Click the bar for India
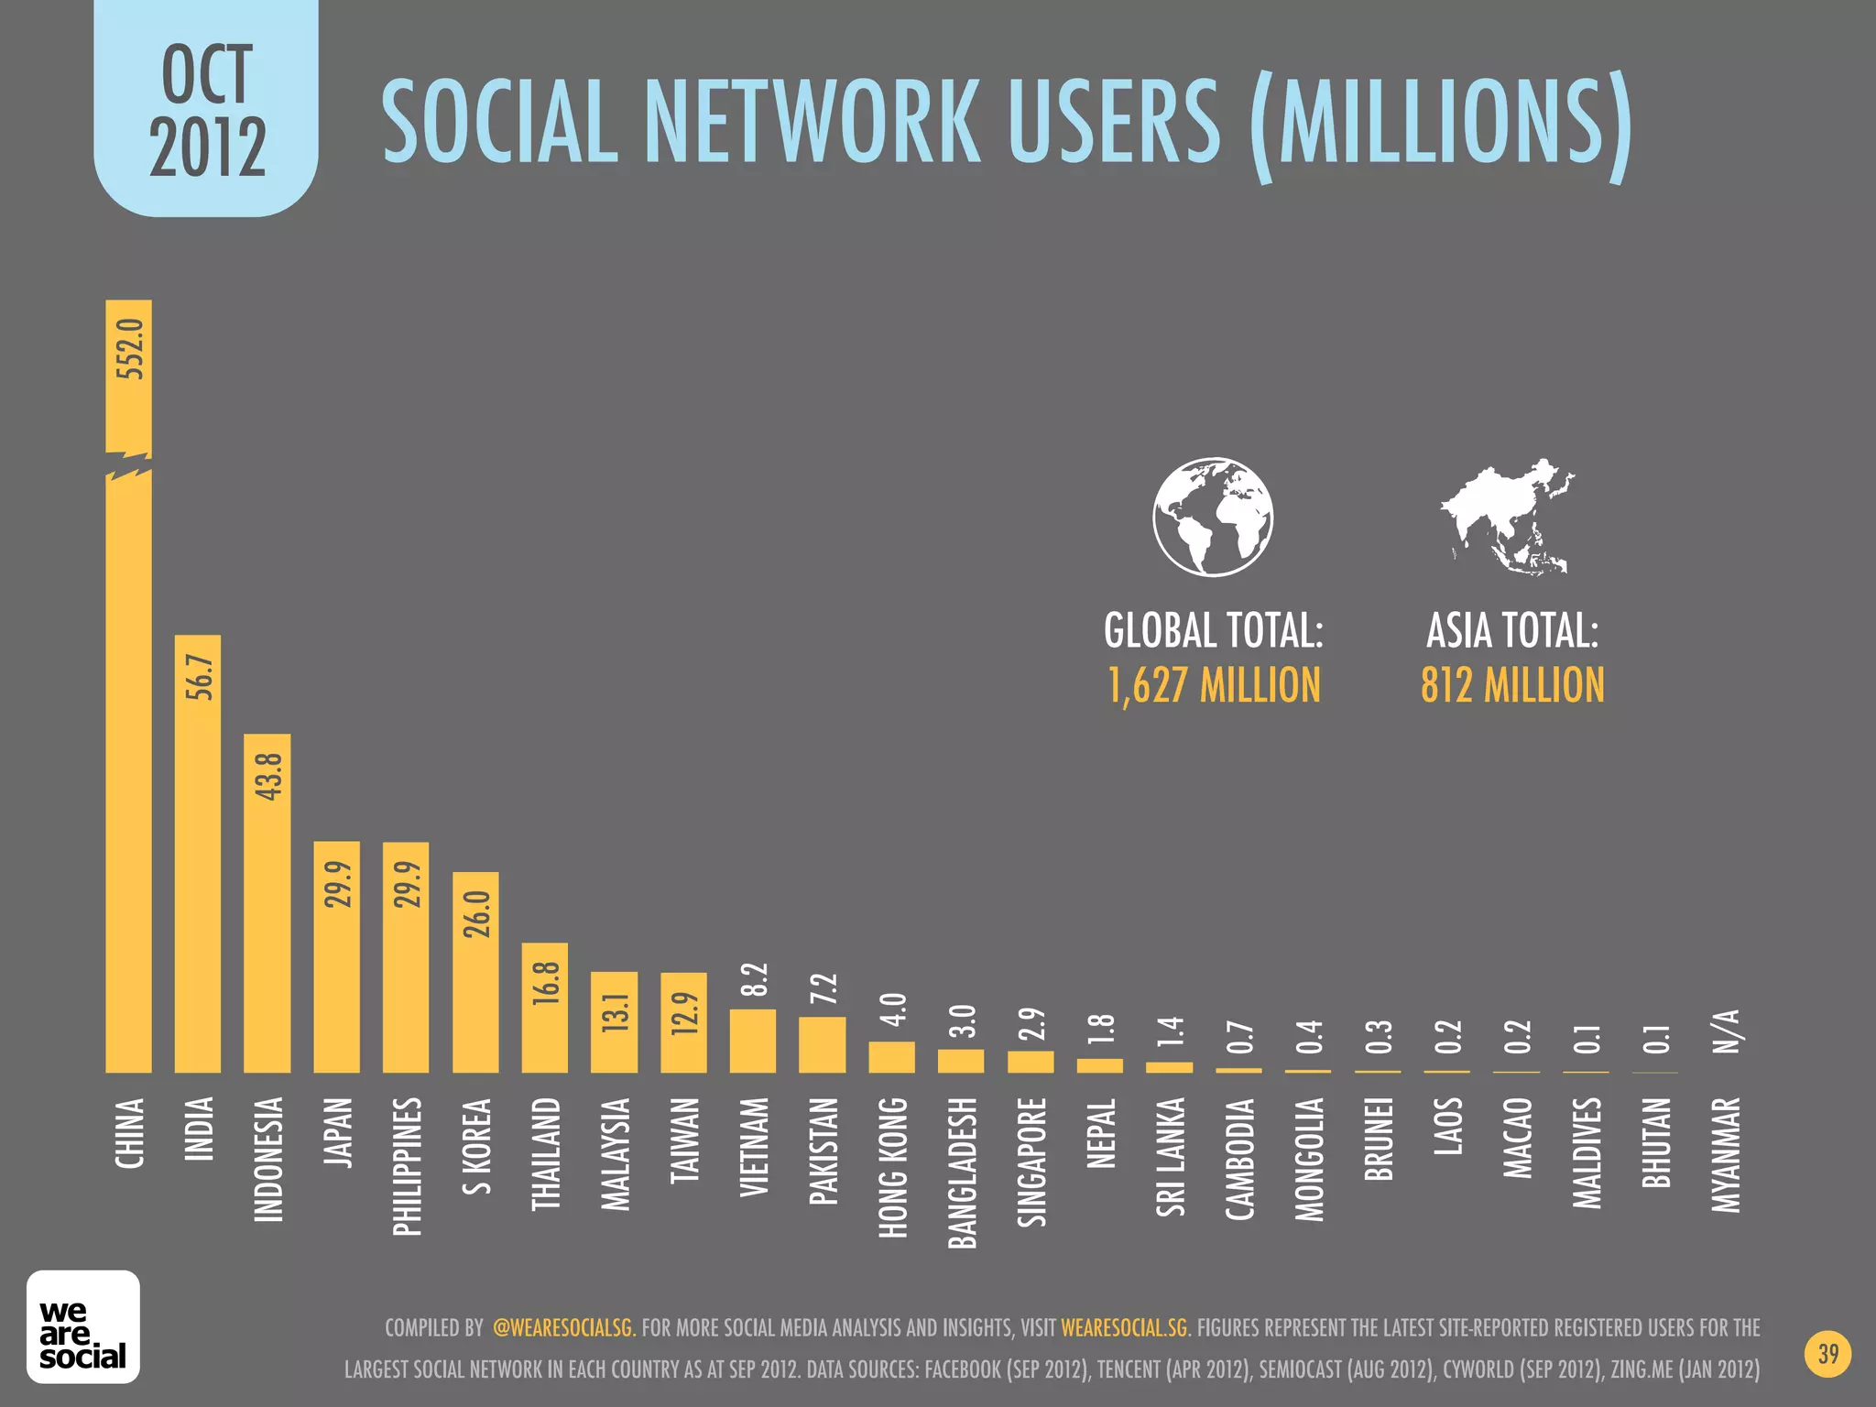(x=198, y=852)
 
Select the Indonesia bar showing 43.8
(x=267, y=902)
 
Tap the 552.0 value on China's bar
(x=129, y=349)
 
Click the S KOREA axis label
(x=476, y=1146)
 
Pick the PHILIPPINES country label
(x=407, y=1165)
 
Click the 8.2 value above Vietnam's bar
(x=753, y=980)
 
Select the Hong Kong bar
(x=891, y=1057)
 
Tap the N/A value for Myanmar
(x=1726, y=1032)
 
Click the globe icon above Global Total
(x=1213, y=517)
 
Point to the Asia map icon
(x=1508, y=517)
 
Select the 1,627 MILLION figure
(x=1214, y=685)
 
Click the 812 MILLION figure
(x=1512, y=685)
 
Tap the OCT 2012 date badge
(x=206, y=110)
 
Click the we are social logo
(x=83, y=1326)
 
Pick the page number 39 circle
(x=1827, y=1354)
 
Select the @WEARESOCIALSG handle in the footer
(x=562, y=1327)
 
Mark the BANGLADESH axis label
(x=962, y=1172)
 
